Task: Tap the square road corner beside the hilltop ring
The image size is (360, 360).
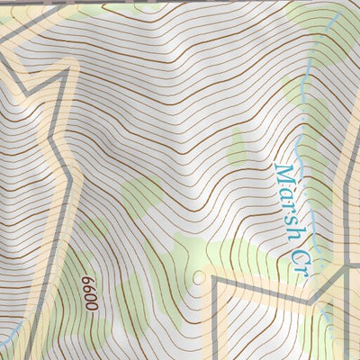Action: pos(216,280)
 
